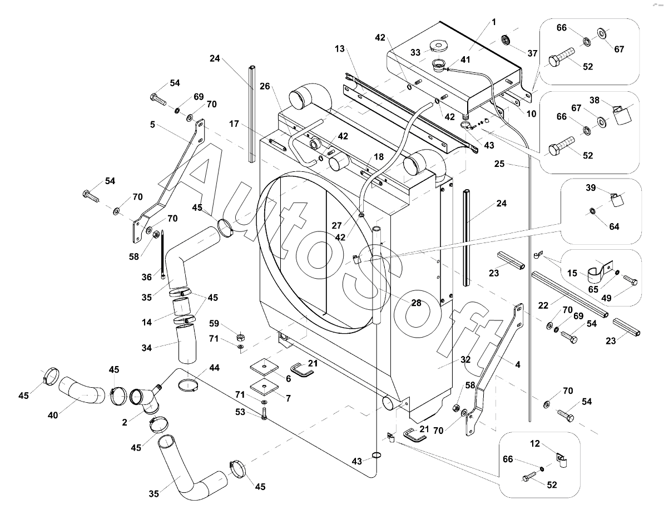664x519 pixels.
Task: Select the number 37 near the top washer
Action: click(x=533, y=53)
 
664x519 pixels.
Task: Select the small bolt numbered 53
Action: click(x=264, y=413)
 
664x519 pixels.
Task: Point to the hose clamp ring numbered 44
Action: click(x=190, y=384)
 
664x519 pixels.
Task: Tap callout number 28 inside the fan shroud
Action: click(x=415, y=304)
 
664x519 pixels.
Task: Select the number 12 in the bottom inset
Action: click(x=535, y=443)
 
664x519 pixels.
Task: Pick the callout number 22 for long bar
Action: click(x=543, y=305)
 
